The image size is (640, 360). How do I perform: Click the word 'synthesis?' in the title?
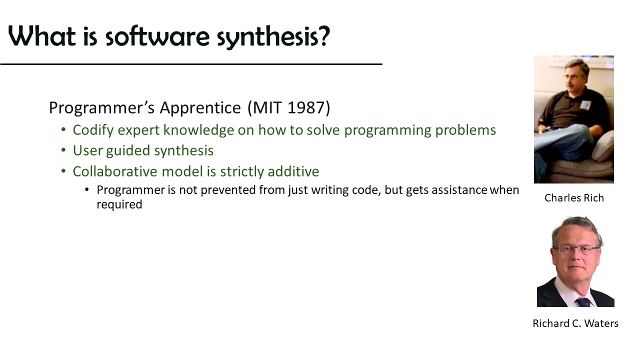[x=273, y=37]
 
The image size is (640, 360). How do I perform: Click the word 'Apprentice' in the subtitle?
[x=200, y=108]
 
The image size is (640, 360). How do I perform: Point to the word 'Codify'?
[x=93, y=130]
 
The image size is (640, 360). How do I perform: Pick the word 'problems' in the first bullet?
[x=465, y=130]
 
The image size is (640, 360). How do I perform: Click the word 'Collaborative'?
[x=115, y=171]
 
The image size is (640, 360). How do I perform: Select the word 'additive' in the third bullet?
[x=293, y=171]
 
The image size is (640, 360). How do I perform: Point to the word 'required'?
[x=119, y=205]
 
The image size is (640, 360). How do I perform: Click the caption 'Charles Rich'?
[x=574, y=197]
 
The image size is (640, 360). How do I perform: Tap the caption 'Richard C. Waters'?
[x=575, y=323]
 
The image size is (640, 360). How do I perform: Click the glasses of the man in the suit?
[x=575, y=249]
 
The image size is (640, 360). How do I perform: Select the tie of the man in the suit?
[x=583, y=302]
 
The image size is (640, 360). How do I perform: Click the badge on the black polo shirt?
[x=585, y=105]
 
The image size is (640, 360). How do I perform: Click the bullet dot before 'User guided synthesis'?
[x=63, y=150]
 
